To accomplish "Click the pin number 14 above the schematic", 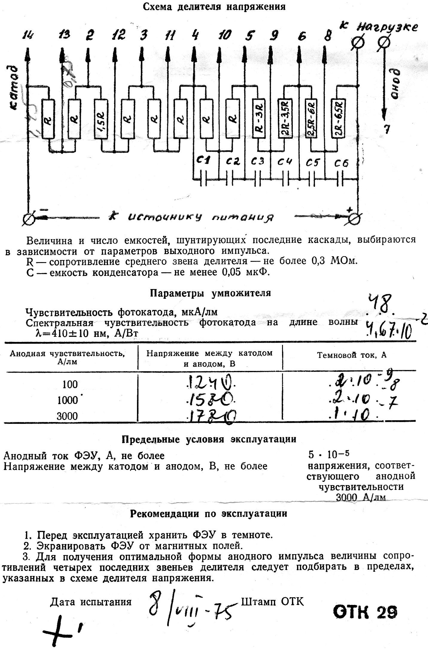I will click(28, 36).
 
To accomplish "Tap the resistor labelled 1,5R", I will click(101, 119).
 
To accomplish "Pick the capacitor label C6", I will click(341, 163).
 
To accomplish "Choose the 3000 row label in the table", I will click(67, 416).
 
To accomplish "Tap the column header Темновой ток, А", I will click(352, 355).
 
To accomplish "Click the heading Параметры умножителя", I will click(210, 293).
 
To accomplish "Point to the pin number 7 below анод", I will click(387, 129).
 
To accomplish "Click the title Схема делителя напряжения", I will click(214, 7).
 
